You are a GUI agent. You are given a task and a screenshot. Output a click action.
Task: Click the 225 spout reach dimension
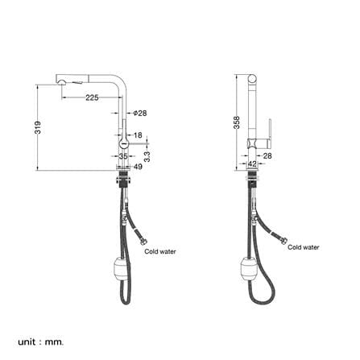(92, 97)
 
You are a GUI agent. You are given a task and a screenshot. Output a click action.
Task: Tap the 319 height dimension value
(38, 127)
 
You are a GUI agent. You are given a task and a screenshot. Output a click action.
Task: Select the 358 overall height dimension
(237, 122)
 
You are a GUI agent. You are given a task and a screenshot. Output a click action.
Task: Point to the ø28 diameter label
(140, 113)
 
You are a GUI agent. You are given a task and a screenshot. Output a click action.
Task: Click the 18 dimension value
(138, 135)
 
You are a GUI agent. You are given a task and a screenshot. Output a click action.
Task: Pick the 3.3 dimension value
(147, 156)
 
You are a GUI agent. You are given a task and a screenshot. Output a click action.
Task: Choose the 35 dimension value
(123, 156)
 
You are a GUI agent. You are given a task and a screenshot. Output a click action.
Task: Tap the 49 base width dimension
(138, 167)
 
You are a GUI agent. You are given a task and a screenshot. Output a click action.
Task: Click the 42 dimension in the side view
(252, 163)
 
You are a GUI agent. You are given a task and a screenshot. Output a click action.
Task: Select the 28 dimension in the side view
(267, 155)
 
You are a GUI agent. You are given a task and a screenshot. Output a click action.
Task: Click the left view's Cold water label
(160, 251)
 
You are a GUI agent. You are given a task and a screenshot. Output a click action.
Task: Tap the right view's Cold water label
(304, 247)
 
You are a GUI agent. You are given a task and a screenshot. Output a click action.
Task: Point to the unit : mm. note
(40, 334)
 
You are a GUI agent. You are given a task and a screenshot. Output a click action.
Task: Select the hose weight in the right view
(249, 269)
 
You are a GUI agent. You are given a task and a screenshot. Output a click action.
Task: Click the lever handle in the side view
(269, 134)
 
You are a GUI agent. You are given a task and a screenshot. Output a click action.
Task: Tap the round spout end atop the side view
(252, 79)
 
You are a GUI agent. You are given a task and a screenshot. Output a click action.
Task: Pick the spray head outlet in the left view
(61, 81)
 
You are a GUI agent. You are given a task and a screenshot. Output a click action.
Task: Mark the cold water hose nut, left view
(144, 242)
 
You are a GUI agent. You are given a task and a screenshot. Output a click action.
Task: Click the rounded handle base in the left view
(124, 143)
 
